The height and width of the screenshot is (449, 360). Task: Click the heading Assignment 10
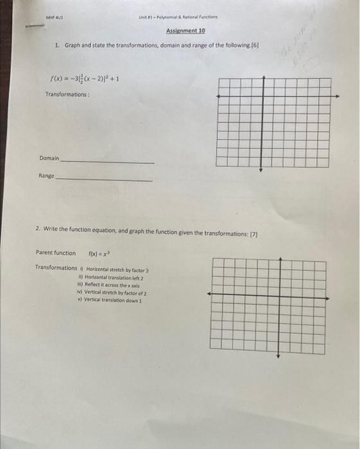point(185,30)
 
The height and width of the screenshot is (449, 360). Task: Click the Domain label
point(49,158)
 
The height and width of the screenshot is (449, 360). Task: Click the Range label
point(46,175)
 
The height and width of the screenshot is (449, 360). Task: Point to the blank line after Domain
point(107,162)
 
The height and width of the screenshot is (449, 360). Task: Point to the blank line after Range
point(104,180)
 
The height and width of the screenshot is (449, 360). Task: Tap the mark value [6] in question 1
point(253,46)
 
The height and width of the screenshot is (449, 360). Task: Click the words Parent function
point(56,253)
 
